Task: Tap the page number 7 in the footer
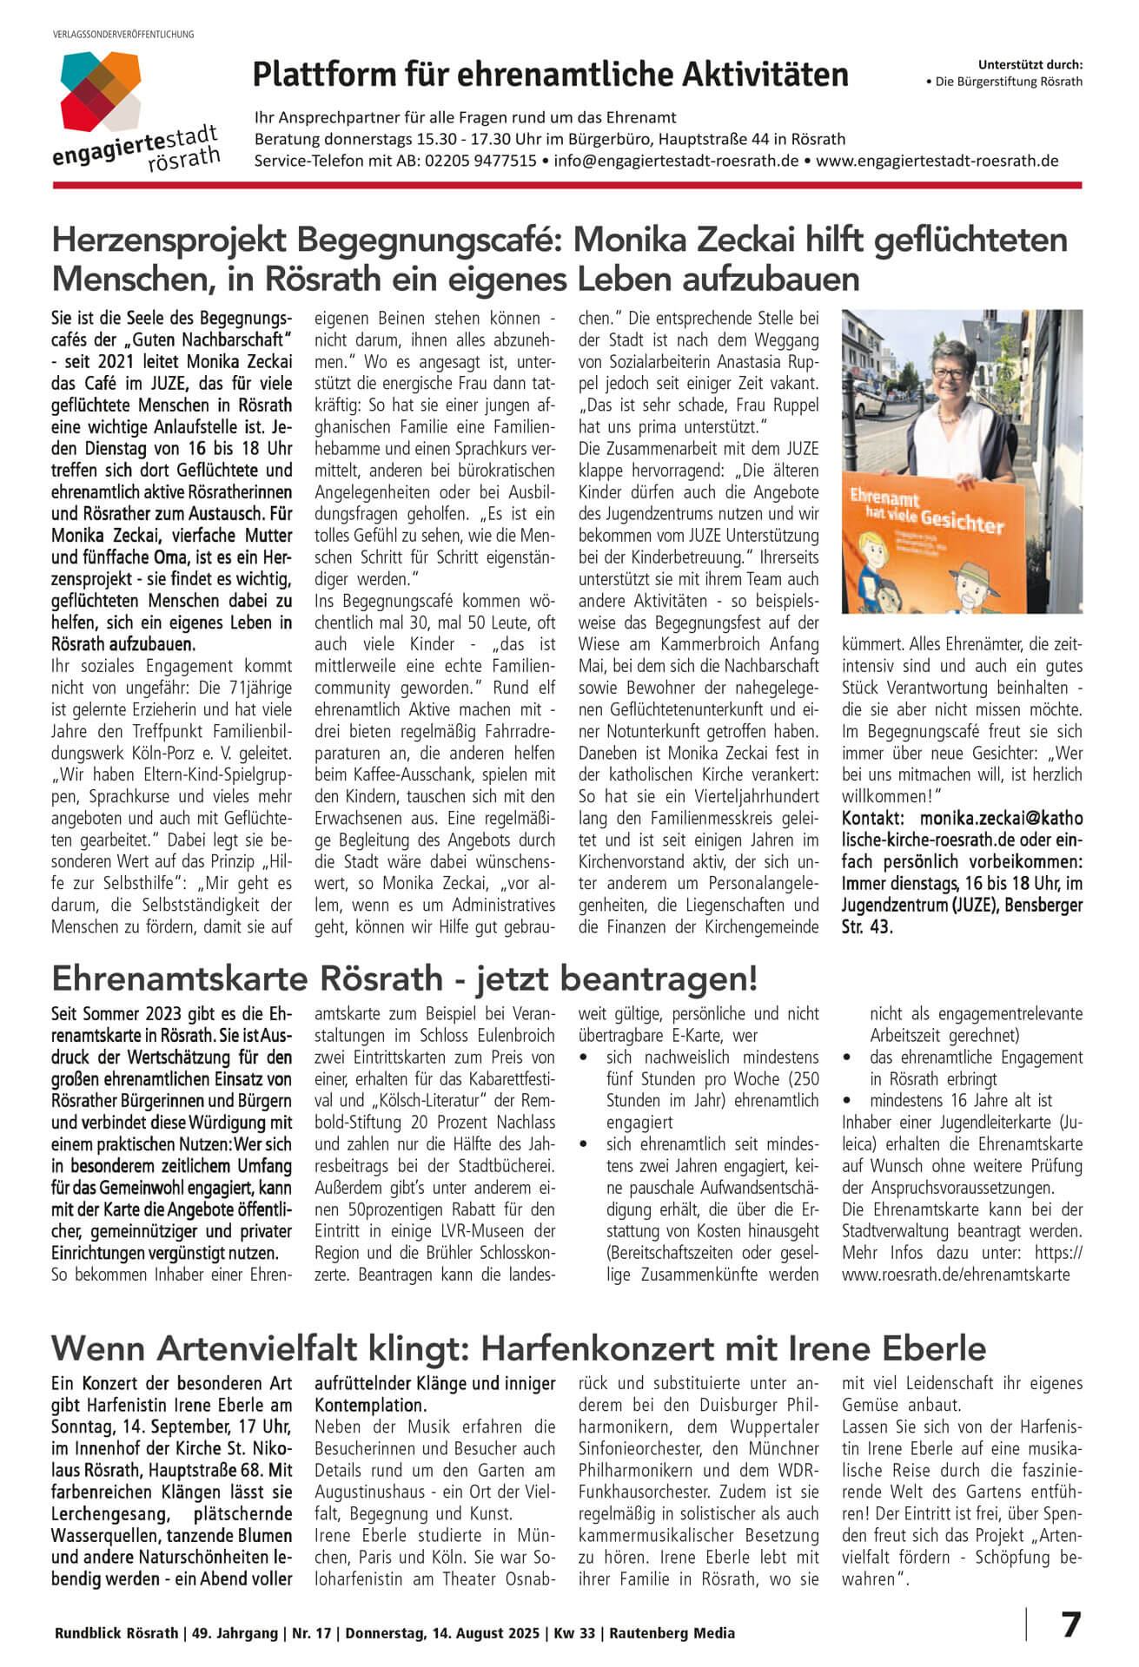1071,1624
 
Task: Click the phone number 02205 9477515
480,161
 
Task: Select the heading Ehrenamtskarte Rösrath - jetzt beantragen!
404,978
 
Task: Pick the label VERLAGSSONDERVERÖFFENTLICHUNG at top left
123,35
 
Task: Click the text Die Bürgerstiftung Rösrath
1009,82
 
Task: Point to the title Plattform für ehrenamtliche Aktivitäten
550,76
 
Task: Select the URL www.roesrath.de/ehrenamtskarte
956,1275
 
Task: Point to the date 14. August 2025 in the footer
482,1633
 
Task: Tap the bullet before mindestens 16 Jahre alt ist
847,1101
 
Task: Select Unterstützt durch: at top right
1030,64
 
